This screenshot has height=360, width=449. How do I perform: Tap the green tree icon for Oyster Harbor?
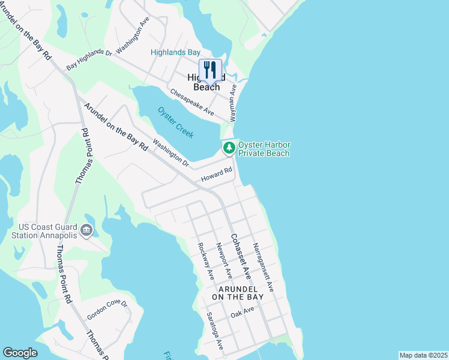click(x=229, y=148)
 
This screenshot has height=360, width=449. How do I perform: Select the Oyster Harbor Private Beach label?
click(x=264, y=149)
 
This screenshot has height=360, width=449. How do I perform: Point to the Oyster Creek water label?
click(x=176, y=122)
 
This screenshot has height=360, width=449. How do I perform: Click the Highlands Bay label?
click(x=175, y=53)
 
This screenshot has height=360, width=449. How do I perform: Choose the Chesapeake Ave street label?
click(x=191, y=102)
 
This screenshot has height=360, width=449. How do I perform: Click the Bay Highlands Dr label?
click(x=89, y=60)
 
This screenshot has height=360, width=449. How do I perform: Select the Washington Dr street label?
click(x=170, y=153)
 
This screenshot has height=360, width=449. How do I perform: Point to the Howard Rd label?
click(x=216, y=175)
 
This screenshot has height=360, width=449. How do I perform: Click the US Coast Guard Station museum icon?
click(x=86, y=229)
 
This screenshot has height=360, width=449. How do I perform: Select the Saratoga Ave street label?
click(x=214, y=331)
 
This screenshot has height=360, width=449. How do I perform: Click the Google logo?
click(x=20, y=353)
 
